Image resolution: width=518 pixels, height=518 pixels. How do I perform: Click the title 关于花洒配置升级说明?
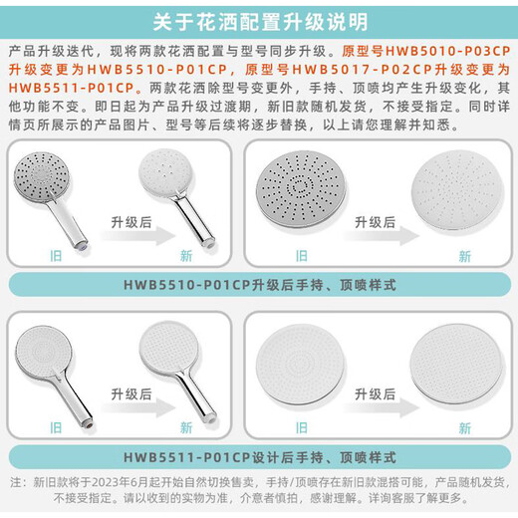[x=260, y=22]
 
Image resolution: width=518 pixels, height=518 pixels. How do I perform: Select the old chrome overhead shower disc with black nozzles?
[x=301, y=189]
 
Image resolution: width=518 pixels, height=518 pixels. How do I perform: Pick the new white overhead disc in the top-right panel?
[x=458, y=192]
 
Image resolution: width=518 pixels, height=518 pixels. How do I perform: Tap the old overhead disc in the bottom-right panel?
[x=301, y=365]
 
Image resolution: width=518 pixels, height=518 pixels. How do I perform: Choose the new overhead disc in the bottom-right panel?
[x=457, y=366]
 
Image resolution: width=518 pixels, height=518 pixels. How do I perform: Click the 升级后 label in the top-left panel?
[x=131, y=222]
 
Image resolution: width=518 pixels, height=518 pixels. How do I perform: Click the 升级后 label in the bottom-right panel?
[x=376, y=394]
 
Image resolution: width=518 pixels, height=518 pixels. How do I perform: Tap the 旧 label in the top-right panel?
[x=302, y=256]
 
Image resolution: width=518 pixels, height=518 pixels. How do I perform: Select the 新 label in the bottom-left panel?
[x=186, y=427]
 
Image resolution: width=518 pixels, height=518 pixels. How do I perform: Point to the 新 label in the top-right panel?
[x=465, y=256]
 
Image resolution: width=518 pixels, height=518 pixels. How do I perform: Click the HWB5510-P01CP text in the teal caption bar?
[x=186, y=285]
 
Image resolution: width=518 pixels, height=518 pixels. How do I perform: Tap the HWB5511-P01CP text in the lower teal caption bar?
[x=186, y=457]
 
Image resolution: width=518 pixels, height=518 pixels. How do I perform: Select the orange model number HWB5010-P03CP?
[x=448, y=51]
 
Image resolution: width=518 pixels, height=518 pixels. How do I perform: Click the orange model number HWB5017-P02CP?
[x=363, y=70]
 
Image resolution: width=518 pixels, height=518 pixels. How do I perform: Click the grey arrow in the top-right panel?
[x=382, y=235]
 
